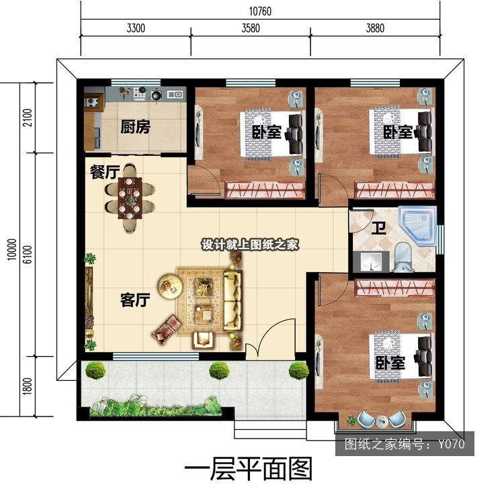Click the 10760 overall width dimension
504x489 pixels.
[x=260, y=11]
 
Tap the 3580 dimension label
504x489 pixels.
[x=251, y=28]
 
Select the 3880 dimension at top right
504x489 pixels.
[x=375, y=28]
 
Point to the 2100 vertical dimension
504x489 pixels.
[x=28, y=118]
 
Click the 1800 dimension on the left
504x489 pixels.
[x=28, y=386]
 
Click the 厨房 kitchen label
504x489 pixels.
[x=135, y=126]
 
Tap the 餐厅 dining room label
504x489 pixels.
[x=105, y=172]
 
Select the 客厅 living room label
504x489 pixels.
[x=135, y=300]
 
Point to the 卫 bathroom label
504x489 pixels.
[x=379, y=228]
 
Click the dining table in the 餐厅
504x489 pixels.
[x=130, y=198]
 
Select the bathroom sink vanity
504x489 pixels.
[x=371, y=261]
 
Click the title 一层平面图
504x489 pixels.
[x=249, y=469]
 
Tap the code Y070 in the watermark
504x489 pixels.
[x=452, y=444]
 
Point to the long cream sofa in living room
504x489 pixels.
[x=233, y=301]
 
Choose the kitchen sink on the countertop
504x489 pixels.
[x=175, y=94]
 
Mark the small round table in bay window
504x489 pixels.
[x=382, y=421]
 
